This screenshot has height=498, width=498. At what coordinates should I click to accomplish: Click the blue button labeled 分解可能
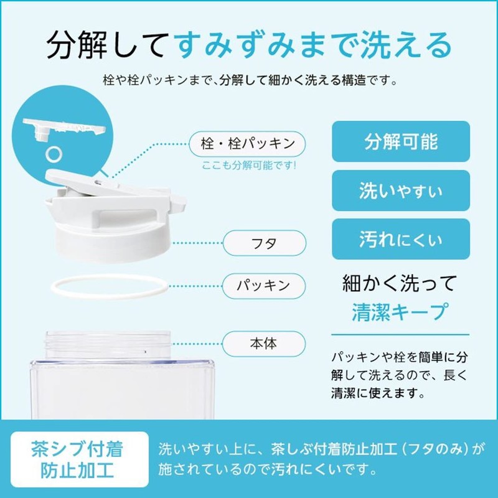pyautogui.click(x=400, y=141)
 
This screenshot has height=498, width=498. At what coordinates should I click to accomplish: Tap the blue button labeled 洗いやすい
pyautogui.click(x=400, y=190)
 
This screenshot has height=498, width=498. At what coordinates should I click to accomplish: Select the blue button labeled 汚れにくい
pyautogui.click(x=400, y=238)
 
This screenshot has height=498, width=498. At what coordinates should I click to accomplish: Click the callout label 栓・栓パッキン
pyautogui.click(x=248, y=144)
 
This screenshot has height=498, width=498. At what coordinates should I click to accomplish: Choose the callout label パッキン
pyautogui.click(x=265, y=286)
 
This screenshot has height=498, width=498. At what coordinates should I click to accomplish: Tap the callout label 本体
pyautogui.click(x=265, y=342)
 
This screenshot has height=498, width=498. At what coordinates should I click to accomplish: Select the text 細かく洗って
pyautogui.click(x=400, y=283)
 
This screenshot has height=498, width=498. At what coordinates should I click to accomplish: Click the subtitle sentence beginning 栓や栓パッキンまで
pyautogui.click(x=249, y=81)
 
